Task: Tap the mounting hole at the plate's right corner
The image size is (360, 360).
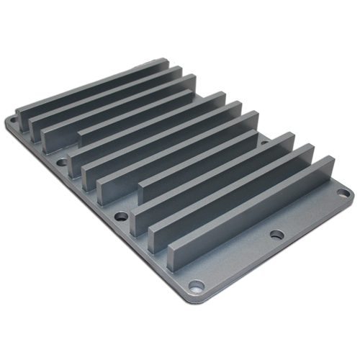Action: (342, 193)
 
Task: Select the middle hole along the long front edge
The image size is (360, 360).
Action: (276, 234)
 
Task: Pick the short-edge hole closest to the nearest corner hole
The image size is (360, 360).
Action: (120, 215)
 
